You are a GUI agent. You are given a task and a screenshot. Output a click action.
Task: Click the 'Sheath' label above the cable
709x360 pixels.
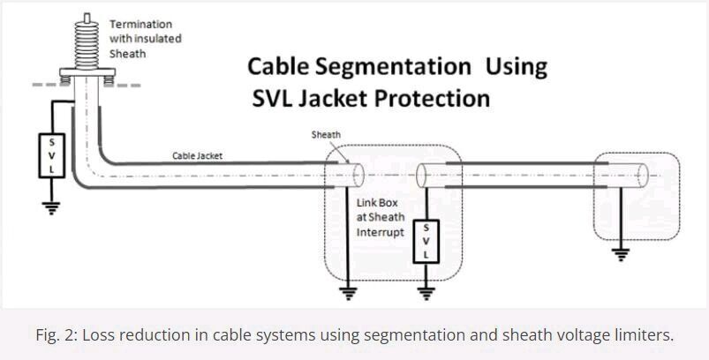[326, 135]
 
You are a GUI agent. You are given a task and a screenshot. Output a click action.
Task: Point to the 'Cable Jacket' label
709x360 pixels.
[197, 156]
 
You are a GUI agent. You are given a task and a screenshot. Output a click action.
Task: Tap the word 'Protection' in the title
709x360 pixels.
[433, 97]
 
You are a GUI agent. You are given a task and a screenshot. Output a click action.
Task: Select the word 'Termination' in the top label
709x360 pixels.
[140, 24]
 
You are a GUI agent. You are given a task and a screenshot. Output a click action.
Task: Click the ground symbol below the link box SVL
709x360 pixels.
[427, 289]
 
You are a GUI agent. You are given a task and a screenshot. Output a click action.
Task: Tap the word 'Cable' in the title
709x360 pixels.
[278, 66]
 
